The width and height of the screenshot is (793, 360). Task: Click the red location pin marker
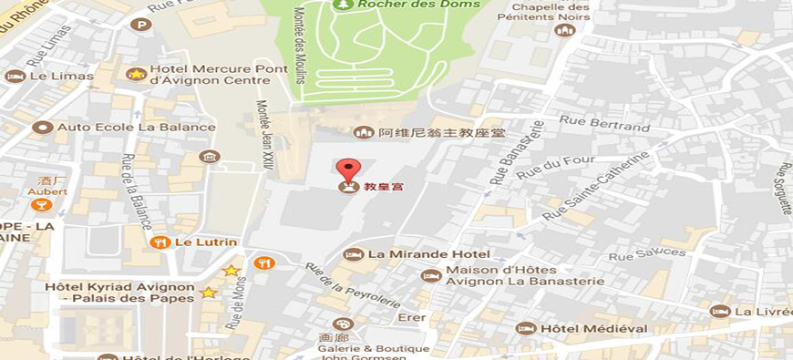pos(348,170)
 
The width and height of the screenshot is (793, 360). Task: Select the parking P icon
pos(140,25)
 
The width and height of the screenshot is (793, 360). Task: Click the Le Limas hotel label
pos(61,77)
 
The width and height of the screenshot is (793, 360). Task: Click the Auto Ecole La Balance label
pos(136,127)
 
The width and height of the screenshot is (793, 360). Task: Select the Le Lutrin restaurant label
pos(205,242)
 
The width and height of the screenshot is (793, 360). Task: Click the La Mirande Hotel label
pos(428,254)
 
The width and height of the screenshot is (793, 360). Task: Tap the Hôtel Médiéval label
pos(593,328)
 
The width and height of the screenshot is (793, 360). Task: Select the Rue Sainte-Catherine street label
pos(596,186)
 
